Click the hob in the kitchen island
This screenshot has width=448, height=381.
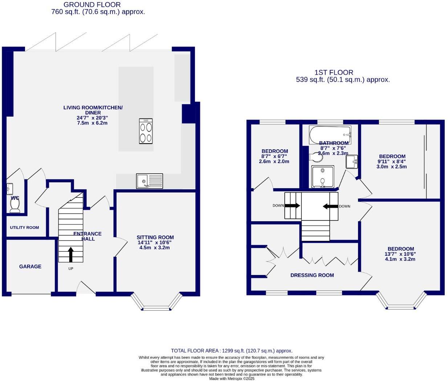(x=146, y=131)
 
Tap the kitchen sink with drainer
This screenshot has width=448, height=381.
(x=150, y=181)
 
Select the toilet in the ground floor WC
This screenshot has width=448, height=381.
(x=15, y=206)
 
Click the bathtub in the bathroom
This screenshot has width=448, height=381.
(x=330, y=135)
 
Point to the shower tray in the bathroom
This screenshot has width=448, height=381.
(x=323, y=177)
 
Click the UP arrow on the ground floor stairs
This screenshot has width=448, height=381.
(x=70, y=255)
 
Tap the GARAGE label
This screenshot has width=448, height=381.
(x=30, y=267)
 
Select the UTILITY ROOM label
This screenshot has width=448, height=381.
(x=24, y=228)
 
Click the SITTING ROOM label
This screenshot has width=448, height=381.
(x=155, y=238)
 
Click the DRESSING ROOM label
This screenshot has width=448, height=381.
(x=312, y=275)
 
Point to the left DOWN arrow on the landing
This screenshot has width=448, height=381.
(x=292, y=206)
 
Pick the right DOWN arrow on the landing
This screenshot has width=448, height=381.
(x=330, y=206)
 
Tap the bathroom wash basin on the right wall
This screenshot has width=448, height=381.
(x=351, y=162)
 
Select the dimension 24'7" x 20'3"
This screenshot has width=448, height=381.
(x=92, y=118)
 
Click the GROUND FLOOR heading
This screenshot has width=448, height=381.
(x=92, y=5)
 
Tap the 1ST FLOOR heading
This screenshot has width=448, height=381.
(x=334, y=73)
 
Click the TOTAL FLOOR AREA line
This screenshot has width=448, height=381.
(x=232, y=351)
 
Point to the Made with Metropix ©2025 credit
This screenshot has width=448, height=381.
(x=232, y=379)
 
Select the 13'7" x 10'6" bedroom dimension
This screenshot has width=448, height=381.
(x=400, y=254)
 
